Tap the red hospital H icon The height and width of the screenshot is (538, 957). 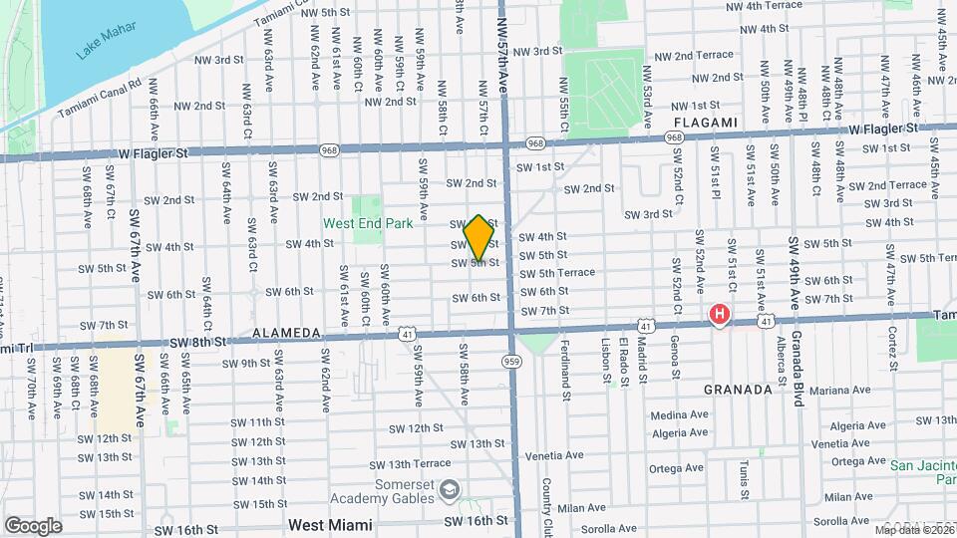718,315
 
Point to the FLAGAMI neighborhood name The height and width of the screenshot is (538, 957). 706,122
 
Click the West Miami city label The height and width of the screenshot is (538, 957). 330,525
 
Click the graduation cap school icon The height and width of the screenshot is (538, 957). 450,489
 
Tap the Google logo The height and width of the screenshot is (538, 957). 33,525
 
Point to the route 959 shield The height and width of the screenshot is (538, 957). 511,361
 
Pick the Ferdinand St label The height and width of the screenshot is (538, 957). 564,364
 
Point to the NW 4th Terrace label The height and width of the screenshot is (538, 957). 765,6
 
